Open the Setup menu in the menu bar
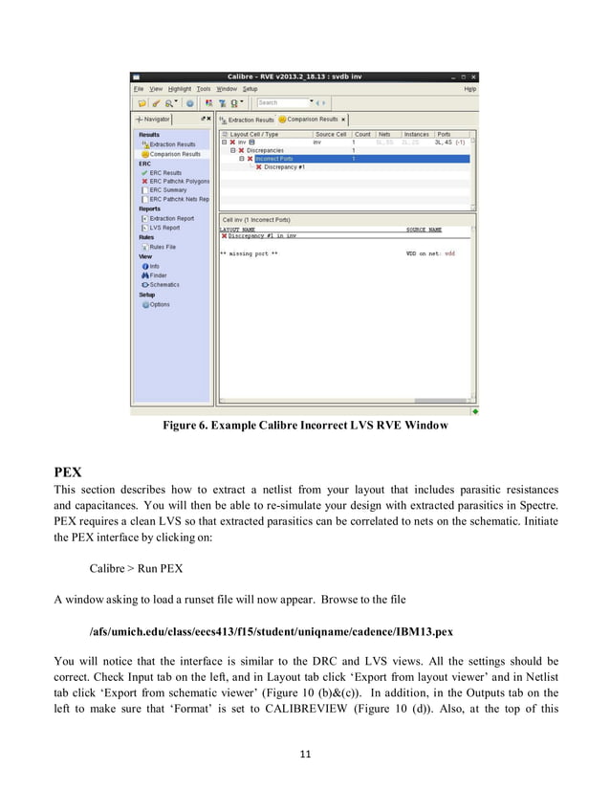tap(249, 88)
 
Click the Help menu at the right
tap(469, 88)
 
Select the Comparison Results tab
tap(310, 120)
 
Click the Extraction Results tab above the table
tap(248, 120)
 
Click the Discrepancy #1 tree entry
tap(284, 166)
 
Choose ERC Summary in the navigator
tap(168, 189)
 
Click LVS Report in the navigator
tap(164, 228)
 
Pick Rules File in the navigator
tap(163, 247)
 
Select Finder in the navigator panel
tap(158, 275)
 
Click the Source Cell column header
tap(331, 135)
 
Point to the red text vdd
tap(449, 253)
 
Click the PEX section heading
tap(68, 472)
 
